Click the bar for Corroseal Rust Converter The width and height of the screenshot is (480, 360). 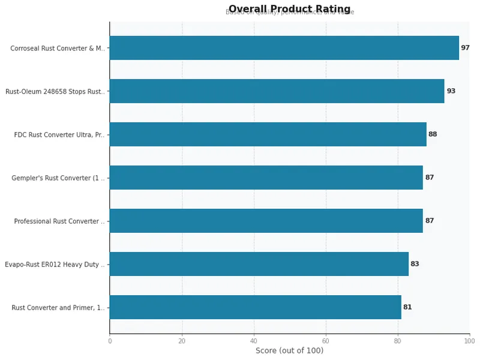click(284, 48)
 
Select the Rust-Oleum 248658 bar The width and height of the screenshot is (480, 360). click(277, 91)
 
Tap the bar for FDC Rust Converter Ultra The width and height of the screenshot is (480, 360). click(268, 134)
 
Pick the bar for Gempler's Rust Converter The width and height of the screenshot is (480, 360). click(266, 178)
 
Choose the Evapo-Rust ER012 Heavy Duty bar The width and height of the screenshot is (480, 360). click(259, 264)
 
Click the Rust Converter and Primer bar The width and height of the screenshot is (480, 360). click(255, 307)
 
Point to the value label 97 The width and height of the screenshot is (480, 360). click(465, 48)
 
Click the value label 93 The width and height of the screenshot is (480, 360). click(451, 91)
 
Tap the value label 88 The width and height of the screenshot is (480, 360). click(433, 134)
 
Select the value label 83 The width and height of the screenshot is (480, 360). click(415, 264)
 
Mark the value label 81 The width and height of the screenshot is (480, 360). click(407, 307)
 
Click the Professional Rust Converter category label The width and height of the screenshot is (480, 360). click(59, 221)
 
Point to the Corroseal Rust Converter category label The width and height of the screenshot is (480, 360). click(57, 49)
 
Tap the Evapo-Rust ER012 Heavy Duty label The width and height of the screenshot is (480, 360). click(54, 265)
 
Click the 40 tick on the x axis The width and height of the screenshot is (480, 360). click(254, 341)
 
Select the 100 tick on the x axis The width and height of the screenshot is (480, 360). click(469, 341)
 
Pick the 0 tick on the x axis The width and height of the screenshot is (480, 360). click(110, 341)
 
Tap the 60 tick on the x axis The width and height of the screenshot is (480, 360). click(326, 341)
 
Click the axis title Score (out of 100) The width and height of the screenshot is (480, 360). click(289, 351)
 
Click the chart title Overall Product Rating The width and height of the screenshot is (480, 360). click(289, 8)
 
